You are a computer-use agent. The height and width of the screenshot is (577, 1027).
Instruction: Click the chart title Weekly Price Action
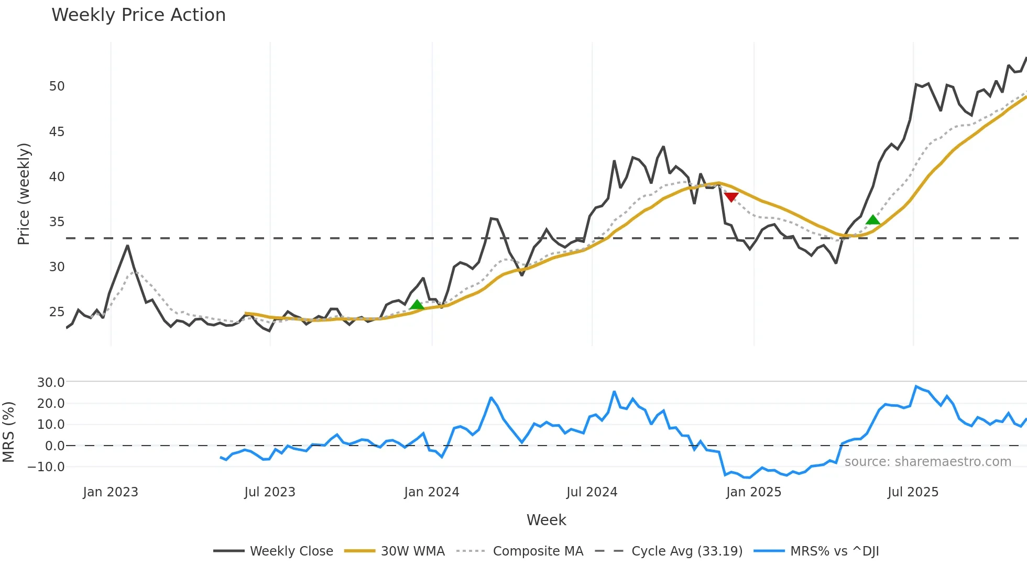point(138,15)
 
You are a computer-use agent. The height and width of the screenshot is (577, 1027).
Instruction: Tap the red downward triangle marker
point(731,197)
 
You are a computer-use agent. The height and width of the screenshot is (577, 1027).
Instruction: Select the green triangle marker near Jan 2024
point(417,305)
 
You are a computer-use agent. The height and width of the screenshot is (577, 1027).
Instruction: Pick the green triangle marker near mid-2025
point(872,220)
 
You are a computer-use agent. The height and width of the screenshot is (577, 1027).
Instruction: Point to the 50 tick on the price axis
point(57,86)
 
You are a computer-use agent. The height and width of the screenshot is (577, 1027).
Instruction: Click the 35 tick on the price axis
point(57,222)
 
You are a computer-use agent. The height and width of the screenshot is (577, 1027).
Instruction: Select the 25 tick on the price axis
point(57,312)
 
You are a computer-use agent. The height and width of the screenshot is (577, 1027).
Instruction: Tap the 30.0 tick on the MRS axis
point(51,383)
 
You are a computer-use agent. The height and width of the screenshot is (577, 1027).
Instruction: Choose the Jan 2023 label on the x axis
point(111,492)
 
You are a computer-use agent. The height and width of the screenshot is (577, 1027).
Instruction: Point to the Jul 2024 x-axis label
point(592,492)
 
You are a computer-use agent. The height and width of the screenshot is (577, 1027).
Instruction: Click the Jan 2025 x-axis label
point(753,492)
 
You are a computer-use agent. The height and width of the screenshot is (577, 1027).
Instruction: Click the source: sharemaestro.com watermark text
point(927,462)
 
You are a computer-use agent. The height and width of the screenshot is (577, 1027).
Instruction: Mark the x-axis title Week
point(546,520)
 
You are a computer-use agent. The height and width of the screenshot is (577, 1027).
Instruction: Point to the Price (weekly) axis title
point(24,194)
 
